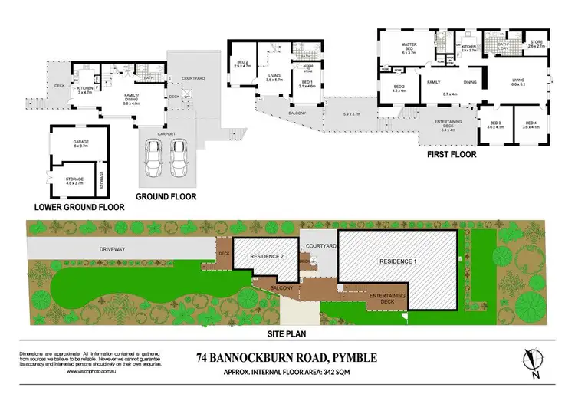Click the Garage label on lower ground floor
point(80,143)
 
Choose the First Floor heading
point(452,154)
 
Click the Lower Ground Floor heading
point(80,207)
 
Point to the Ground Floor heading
point(165,196)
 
